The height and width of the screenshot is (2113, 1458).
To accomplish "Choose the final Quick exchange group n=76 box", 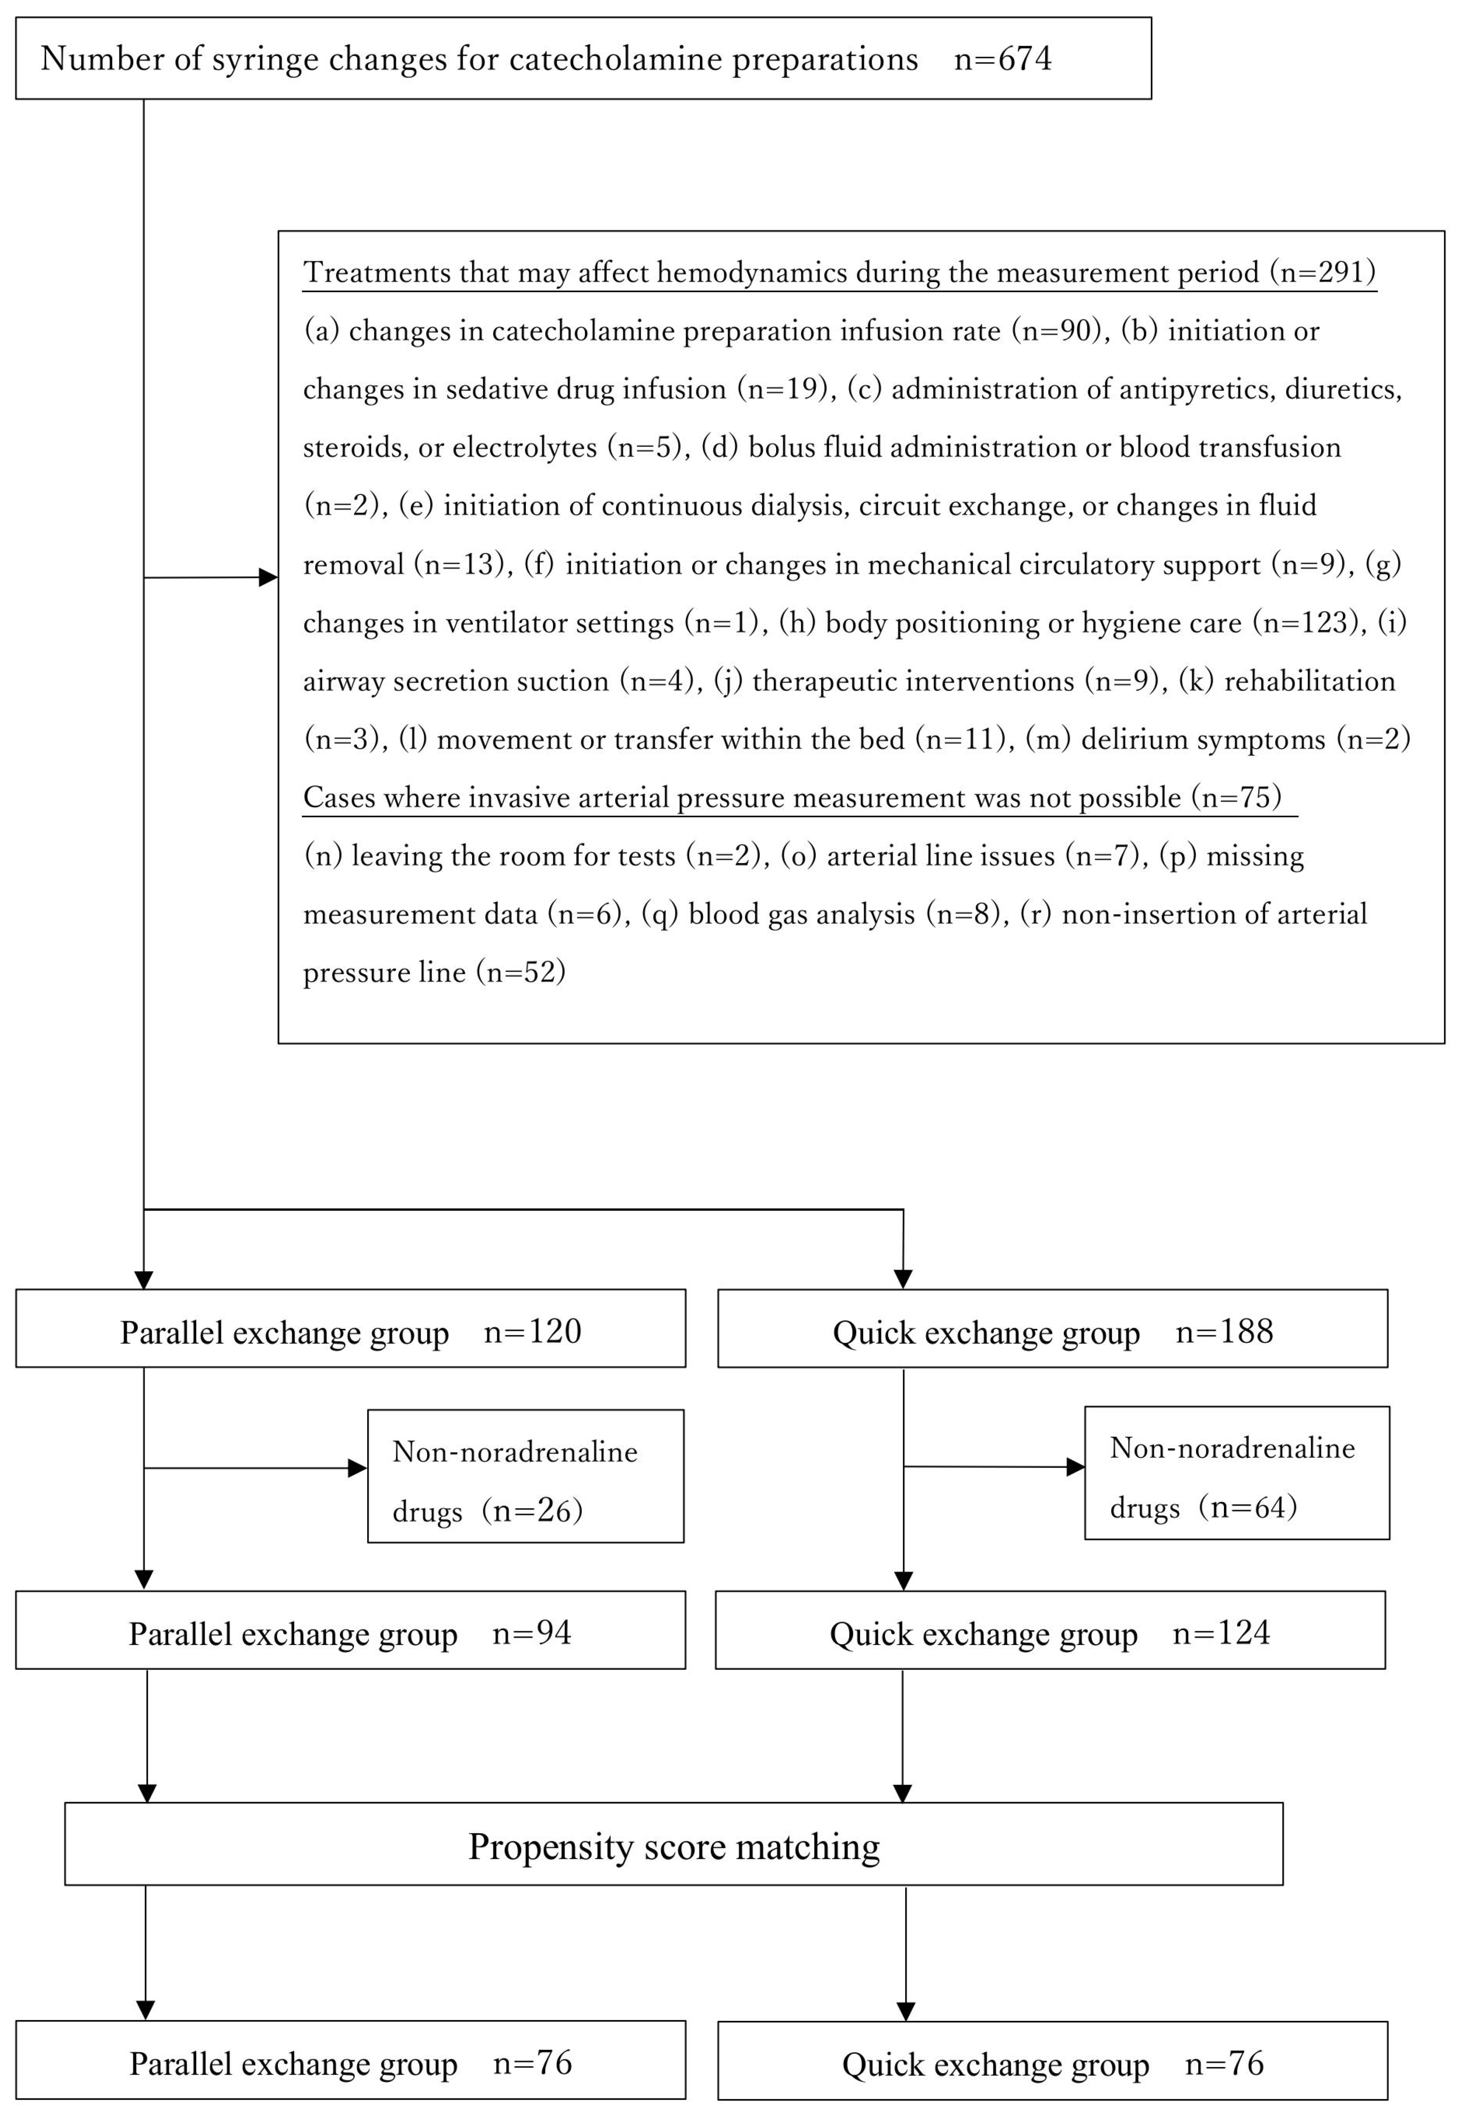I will (1053, 2063).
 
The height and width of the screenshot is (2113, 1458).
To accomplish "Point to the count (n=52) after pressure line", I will (521, 971).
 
